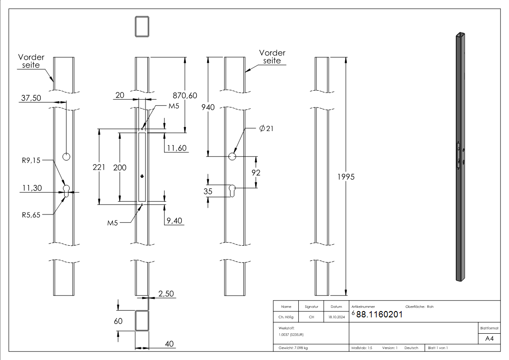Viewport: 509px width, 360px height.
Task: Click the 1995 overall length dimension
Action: (345, 177)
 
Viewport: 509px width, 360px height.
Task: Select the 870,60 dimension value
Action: (185, 95)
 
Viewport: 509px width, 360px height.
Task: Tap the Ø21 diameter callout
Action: (266, 129)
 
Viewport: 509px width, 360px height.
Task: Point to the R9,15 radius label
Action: (31, 160)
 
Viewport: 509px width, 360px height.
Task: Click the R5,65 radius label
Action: (31, 215)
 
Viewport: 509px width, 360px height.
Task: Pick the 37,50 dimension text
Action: (31, 98)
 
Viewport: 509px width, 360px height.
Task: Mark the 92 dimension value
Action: (256, 173)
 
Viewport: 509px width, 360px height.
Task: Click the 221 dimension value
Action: (98, 167)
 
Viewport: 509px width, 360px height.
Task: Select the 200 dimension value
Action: (120, 167)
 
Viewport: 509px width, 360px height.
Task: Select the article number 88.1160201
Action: (379, 315)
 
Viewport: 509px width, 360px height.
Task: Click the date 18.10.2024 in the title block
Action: (336, 317)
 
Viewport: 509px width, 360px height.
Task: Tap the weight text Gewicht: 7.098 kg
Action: (293, 348)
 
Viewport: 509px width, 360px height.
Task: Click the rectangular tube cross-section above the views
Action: (142, 26)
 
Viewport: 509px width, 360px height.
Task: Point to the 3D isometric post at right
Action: (460, 156)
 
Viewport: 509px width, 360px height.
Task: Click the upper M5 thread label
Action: (174, 106)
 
